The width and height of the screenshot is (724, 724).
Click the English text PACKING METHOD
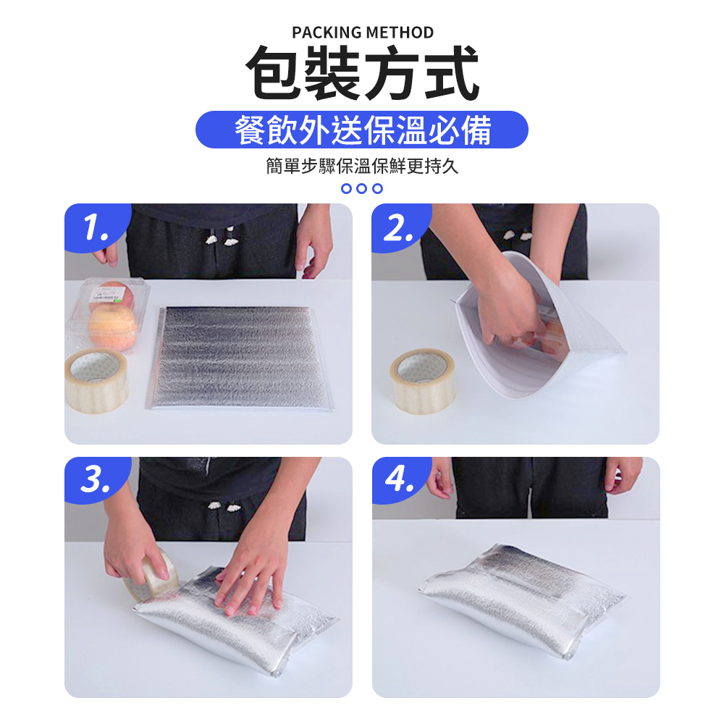pyautogui.click(x=363, y=33)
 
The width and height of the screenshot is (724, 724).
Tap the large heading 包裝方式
pyautogui.click(x=362, y=73)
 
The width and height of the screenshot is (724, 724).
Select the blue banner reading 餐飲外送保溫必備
pyautogui.click(x=362, y=130)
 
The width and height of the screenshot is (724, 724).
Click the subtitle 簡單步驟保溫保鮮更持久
pyautogui.click(x=362, y=167)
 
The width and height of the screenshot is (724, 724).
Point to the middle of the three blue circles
pyautogui.click(x=362, y=189)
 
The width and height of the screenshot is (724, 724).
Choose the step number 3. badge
pyautogui.click(x=96, y=481)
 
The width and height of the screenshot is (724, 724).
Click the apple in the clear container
pyautogui.click(x=112, y=326)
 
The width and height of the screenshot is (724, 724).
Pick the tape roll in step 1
pyautogui.click(x=97, y=379)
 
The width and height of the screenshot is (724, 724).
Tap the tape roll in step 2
pyautogui.click(x=423, y=379)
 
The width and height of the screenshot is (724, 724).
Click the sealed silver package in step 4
pyautogui.click(x=521, y=601)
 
